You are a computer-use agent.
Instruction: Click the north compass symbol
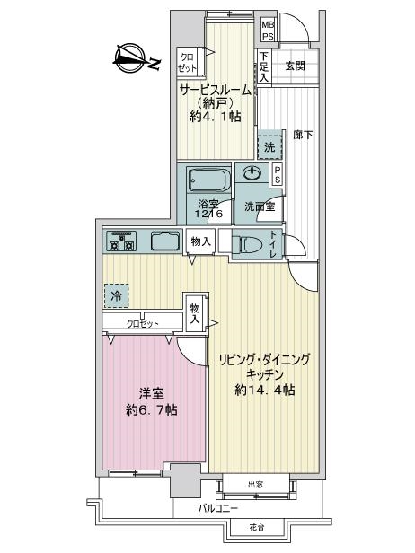pyautogui.click(x=131, y=58)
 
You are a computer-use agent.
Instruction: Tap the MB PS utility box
pyautogui.click(x=268, y=31)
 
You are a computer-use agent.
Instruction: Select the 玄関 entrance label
pyautogui.click(x=296, y=66)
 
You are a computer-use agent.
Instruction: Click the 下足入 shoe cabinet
pyautogui.click(x=264, y=66)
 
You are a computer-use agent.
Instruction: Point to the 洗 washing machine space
pyautogui.click(x=270, y=147)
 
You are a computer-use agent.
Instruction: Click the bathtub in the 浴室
pyautogui.click(x=209, y=180)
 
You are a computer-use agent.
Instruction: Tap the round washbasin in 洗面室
pyautogui.click(x=252, y=173)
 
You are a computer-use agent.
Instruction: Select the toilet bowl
pyautogui.click(x=251, y=244)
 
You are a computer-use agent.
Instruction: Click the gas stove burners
pyautogui.click(x=122, y=241)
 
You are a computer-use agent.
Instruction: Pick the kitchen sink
pyautogui.click(x=165, y=241)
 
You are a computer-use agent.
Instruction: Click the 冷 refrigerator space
pyautogui.click(x=116, y=295)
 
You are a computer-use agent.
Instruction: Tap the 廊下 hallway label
pyautogui.click(x=303, y=135)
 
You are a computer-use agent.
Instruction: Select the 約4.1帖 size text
pyautogui.click(x=216, y=116)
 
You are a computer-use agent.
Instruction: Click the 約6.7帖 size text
pyautogui.click(x=152, y=409)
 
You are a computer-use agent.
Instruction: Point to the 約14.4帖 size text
pyautogui.click(x=265, y=390)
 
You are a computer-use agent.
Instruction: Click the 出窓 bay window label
pyautogui.click(x=255, y=485)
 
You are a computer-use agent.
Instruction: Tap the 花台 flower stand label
pyautogui.click(x=257, y=528)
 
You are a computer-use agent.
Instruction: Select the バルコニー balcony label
pyautogui.click(x=217, y=508)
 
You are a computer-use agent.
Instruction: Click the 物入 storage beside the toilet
pyautogui.click(x=201, y=241)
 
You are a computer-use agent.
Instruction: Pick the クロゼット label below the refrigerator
pyautogui.click(x=143, y=323)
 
